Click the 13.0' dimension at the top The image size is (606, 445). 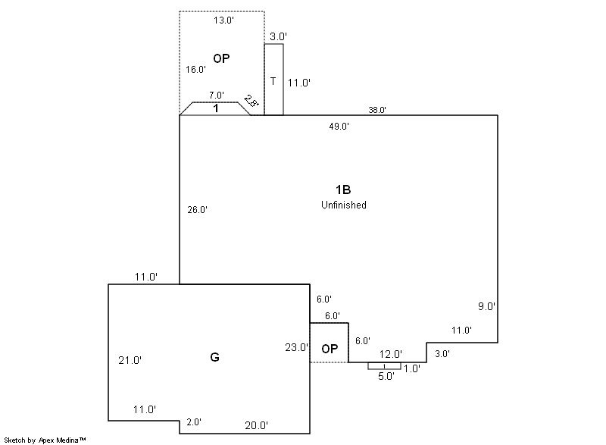(x=223, y=20)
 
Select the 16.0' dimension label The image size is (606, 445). (x=196, y=70)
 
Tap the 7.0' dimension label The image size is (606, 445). (x=217, y=96)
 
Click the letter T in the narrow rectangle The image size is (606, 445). (x=273, y=80)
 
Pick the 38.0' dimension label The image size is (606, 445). (x=377, y=110)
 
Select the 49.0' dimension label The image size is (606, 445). (x=339, y=127)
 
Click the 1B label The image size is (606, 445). (x=343, y=190)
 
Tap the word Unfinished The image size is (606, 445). (x=343, y=205)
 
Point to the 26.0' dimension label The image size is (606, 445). (x=198, y=210)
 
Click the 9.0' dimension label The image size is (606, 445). (x=486, y=307)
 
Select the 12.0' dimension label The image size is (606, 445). (x=391, y=354)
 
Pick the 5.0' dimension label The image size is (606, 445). (x=386, y=376)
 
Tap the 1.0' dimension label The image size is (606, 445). (x=412, y=368)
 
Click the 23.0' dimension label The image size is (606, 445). (x=297, y=348)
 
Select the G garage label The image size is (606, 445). (x=214, y=357)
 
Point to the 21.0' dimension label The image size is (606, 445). (x=130, y=361)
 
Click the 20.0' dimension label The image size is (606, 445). (x=256, y=426)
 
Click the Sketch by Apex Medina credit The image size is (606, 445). (x=45, y=440)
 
